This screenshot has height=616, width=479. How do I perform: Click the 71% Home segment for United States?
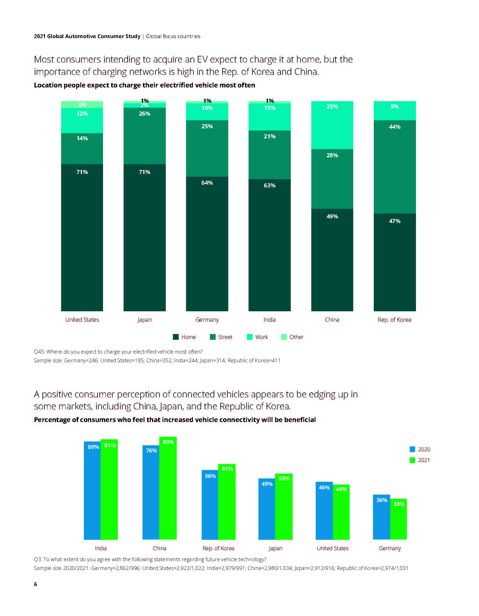tap(82, 238)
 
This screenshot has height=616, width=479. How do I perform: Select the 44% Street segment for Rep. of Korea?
tap(394, 167)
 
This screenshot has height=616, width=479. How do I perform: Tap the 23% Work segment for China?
tap(332, 125)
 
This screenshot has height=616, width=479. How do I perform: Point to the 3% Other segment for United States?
tap(82, 104)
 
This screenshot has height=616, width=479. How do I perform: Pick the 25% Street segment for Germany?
tap(207, 148)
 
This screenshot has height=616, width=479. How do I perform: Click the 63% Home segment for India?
tap(269, 245)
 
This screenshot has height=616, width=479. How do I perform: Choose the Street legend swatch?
tap(213, 337)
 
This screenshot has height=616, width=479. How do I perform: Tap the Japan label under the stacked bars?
tap(144, 320)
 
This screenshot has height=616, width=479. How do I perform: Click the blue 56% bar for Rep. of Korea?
tap(210, 505)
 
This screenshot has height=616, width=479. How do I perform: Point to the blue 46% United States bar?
tap(324, 511)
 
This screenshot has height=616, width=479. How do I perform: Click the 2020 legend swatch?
tap(412, 449)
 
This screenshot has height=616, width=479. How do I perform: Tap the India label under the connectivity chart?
tap(101, 548)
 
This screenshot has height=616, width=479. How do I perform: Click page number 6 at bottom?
tap(35, 584)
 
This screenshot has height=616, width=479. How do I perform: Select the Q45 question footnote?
tap(118, 352)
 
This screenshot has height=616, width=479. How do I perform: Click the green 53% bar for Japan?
tap(284, 507)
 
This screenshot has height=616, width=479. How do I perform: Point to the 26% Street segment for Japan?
tap(144, 136)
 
